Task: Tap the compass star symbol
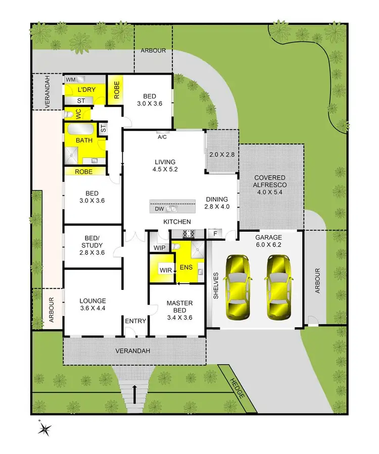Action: click(45, 429)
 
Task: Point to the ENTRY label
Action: click(135, 321)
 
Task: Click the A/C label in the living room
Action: click(163, 136)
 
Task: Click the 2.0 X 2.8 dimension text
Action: click(222, 155)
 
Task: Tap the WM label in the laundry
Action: click(71, 80)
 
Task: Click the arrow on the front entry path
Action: click(134, 390)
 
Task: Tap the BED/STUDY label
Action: click(91, 249)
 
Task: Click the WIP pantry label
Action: click(160, 247)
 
